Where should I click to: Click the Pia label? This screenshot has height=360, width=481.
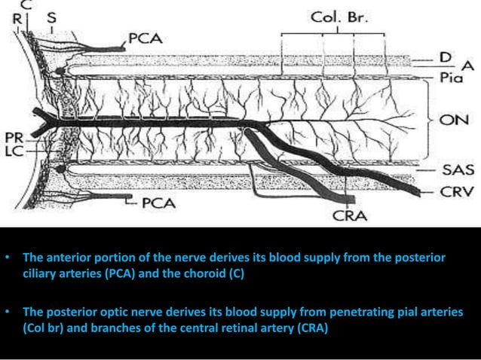pos(454,77)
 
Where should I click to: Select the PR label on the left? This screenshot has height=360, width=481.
pos(13,138)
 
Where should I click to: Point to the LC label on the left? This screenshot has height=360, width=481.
pos(13,150)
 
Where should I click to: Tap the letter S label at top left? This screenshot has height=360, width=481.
pos(51,15)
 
